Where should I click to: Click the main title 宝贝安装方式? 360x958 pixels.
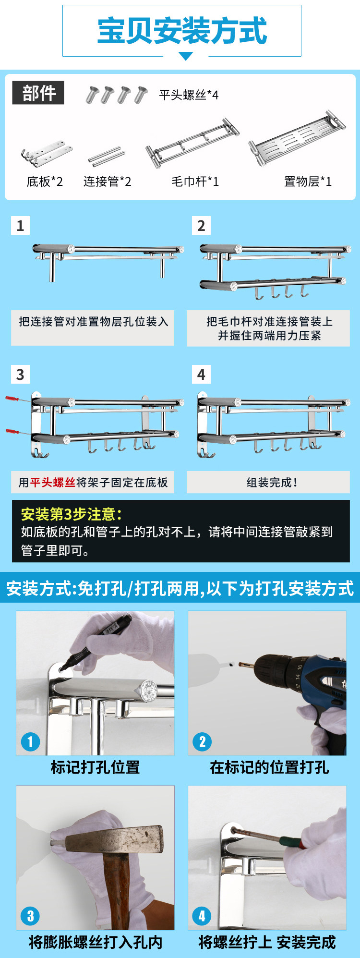tap(182, 31)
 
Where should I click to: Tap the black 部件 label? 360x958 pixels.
tap(38, 93)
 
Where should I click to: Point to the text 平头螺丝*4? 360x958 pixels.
tap(189, 95)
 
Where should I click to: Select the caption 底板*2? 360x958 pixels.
tap(45, 182)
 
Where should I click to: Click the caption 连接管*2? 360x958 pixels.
tap(107, 182)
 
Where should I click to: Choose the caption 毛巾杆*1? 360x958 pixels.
tap(195, 182)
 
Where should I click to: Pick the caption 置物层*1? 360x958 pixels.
tap(308, 182)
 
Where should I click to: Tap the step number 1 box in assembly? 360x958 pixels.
tap(20, 225)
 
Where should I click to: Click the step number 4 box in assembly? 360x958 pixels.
tap(201, 375)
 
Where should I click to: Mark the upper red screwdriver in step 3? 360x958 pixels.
tap(17, 399)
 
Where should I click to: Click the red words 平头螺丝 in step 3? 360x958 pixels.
tap(53, 483)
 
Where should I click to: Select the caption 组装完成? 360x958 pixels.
tap(272, 483)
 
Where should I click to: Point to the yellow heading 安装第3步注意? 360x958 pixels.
tap(72, 514)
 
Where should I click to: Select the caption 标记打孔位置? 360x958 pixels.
tap(95, 767)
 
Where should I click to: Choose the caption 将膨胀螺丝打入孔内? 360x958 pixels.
tap(95, 942)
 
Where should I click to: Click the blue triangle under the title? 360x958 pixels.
tap(186, 56)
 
